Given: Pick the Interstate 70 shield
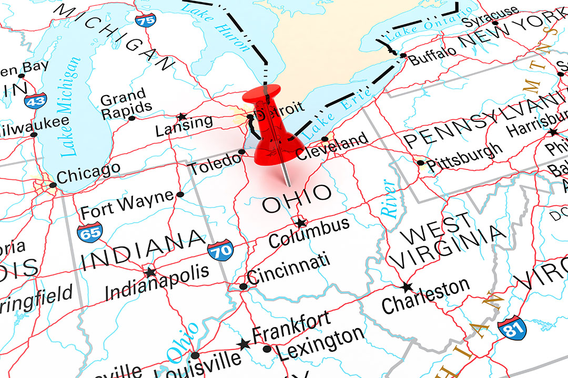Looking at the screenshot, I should pyautogui.click(x=220, y=250).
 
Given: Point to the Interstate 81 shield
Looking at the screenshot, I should pyautogui.click(x=511, y=327).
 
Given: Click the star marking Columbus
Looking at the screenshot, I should pyautogui.click(x=300, y=223).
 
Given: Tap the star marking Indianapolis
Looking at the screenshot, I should pyautogui.click(x=151, y=272).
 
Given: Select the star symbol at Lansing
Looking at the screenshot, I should pyautogui.click(x=182, y=117).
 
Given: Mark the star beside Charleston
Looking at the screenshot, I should pyautogui.click(x=407, y=287).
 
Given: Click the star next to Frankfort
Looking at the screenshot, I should pyautogui.click(x=244, y=344).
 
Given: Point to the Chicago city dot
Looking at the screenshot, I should pyautogui.click(x=53, y=185).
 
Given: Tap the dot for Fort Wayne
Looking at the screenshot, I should pyautogui.click(x=180, y=194).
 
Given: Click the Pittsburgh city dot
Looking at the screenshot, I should pyautogui.click(x=420, y=163).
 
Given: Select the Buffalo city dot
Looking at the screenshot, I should pyautogui.click(x=403, y=55).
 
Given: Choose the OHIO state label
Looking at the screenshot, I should pyautogui.click(x=297, y=198).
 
